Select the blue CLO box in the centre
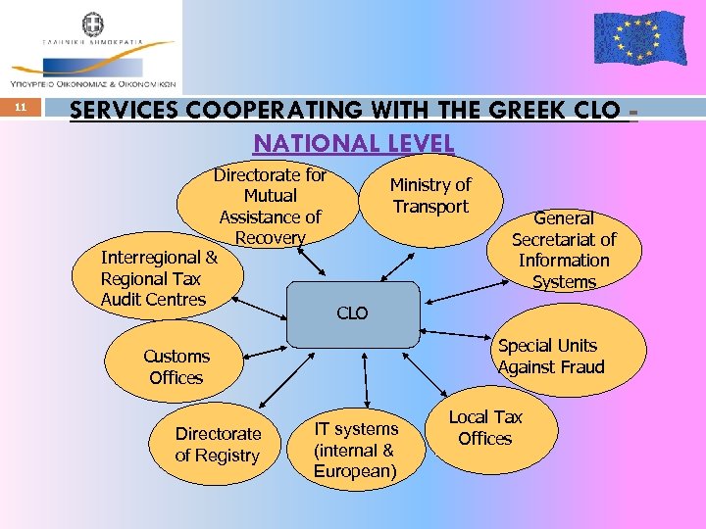tap(351, 313)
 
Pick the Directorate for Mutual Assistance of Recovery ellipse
tap(270, 206)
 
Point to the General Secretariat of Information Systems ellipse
tap(564, 250)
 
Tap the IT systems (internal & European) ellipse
tap(356, 450)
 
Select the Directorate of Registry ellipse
tap(218, 444)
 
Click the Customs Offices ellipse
tap(176, 366)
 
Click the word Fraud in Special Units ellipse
tap(580, 367)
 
